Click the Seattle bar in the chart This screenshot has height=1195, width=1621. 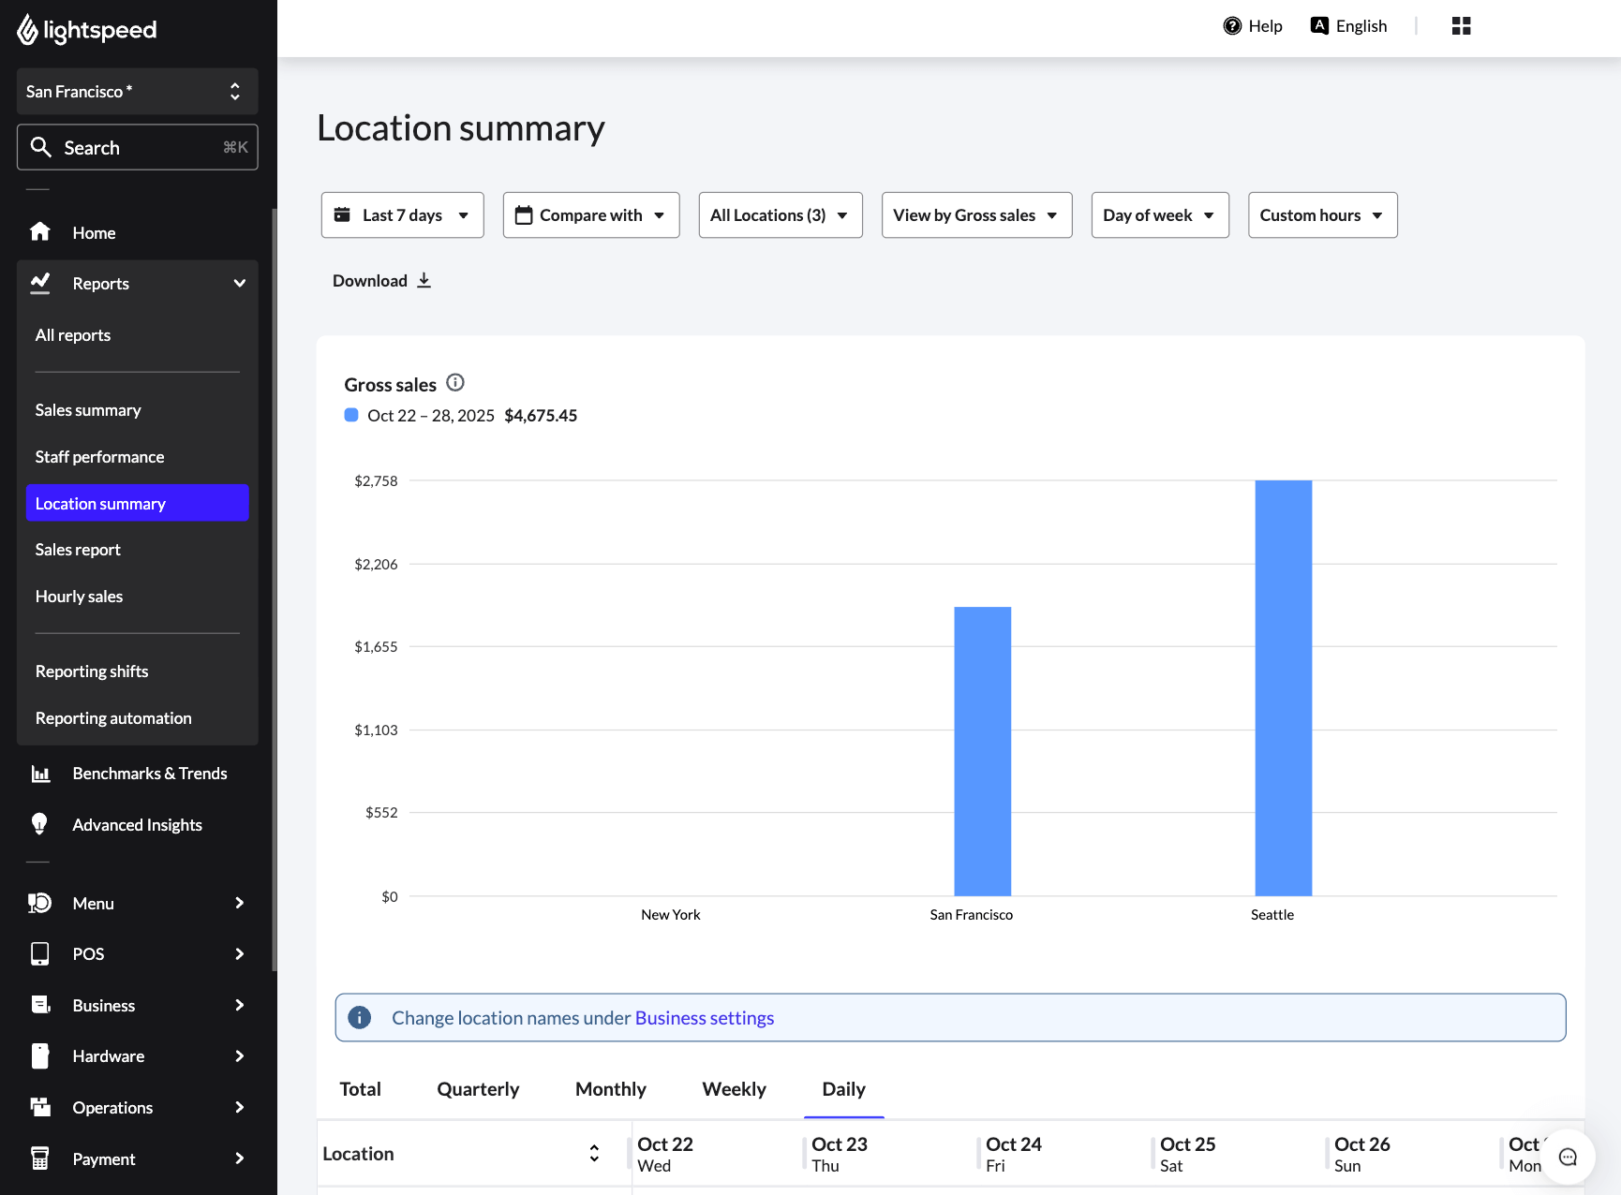1283,688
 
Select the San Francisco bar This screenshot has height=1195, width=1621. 982,751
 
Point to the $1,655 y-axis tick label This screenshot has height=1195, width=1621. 376,647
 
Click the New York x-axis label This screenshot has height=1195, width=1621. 670,915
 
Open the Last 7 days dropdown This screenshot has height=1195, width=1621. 402,215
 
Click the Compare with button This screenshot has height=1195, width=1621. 591,215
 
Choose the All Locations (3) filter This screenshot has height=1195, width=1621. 780,215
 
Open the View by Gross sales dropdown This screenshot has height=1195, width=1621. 976,215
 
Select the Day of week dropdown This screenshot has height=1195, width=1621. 1159,215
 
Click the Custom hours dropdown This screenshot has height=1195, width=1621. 1322,215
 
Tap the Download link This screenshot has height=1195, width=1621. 381,281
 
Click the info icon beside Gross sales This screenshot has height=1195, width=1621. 455,383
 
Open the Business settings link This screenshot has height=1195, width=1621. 705,1018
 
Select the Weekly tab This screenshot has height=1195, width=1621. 734,1089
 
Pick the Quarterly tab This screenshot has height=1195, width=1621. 478,1089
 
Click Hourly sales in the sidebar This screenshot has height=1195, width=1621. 80,597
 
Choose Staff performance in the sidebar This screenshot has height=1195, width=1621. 100,457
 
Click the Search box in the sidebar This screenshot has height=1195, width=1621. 137,148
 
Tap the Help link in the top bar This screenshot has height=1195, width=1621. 1253,26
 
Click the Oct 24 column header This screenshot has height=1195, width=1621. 1014,1154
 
